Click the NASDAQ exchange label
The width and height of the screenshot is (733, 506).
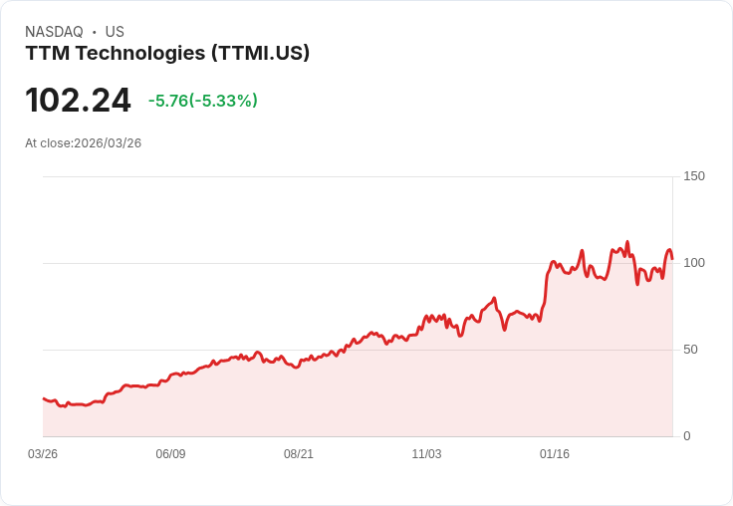(54, 32)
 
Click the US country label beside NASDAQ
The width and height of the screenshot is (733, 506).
(115, 32)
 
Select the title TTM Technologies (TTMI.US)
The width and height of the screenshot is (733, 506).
(167, 53)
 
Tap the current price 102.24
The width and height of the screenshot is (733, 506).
(78, 101)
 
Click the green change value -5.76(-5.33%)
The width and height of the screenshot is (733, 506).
(203, 101)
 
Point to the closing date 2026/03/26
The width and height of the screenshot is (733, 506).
(108, 143)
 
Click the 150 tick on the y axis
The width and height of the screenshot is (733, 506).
(694, 176)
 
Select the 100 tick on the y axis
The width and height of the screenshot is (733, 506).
(694, 263)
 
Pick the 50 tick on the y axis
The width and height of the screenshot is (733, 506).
(690, 350)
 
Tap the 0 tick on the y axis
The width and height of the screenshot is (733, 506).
(687, 436)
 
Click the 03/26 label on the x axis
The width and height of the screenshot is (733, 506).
(43, 454)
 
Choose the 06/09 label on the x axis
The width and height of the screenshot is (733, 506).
(170, 454)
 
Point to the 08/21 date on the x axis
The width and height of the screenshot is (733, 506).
(299, 454)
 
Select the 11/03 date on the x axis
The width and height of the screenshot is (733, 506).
(426, 454)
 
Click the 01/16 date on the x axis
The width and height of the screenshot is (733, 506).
(555, 454)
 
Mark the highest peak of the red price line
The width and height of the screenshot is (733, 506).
(627, 242)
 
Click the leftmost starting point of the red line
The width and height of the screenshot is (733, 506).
(44, 398)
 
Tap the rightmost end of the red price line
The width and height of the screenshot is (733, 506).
(672, 258)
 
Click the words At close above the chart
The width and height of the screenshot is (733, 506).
(48, 143)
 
